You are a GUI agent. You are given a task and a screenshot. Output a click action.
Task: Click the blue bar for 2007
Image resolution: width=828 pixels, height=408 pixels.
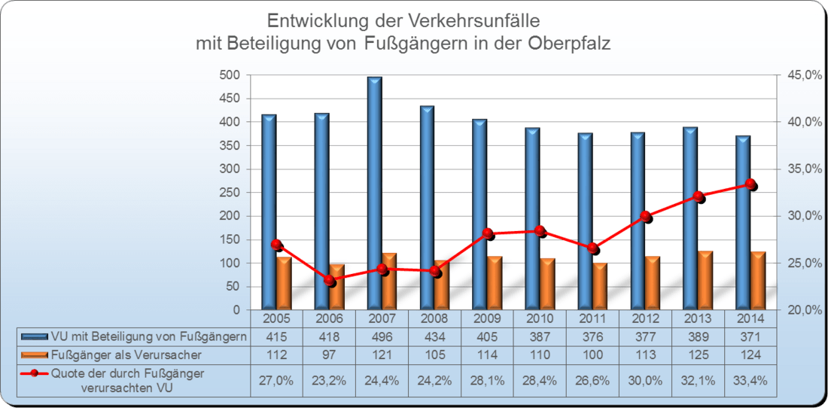coord(374,193)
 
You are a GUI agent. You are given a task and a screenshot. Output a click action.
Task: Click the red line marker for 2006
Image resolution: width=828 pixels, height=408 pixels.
coord(329,281)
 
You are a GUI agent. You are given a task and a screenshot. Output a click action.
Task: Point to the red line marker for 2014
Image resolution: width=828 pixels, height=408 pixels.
coord(750,184)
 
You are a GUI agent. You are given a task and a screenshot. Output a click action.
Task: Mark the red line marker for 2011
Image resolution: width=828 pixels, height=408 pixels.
coord(592,248)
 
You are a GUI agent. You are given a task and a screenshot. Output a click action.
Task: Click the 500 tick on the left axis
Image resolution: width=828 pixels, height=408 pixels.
coord(229,75)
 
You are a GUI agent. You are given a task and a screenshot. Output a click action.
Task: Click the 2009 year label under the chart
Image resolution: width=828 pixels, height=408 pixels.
coord(487,318)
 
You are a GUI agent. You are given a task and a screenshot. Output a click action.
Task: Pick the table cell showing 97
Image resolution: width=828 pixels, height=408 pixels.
coord(329,355)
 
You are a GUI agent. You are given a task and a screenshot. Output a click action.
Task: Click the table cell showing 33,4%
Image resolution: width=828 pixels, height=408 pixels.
coord(750,381)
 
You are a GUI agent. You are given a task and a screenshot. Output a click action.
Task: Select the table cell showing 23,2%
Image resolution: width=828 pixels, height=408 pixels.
coord(329,381)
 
